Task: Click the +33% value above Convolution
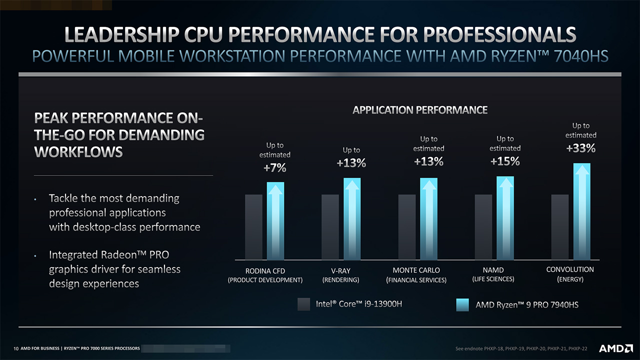(x=581, y=148)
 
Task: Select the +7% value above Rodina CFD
(x=275, y=168)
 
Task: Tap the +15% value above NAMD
(x=505, y=161)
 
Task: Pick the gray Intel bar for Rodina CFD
(x=253, y=227)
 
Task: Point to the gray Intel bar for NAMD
(x=483, y=227)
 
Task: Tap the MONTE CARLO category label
(x=416, y=270)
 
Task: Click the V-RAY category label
(x=340, y=270)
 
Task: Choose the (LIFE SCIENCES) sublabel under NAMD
(x=493, y=279)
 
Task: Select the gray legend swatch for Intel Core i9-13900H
(x=303, y=304)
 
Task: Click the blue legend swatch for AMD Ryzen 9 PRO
(x=463, y=304)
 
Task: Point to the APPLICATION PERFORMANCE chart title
(x=420, y=110)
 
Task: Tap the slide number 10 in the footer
(x=16, y=348)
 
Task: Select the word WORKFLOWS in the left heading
(x=78, y=152)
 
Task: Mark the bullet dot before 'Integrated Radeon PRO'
(x=36, y=257)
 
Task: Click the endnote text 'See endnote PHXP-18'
(x=480, y=348)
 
